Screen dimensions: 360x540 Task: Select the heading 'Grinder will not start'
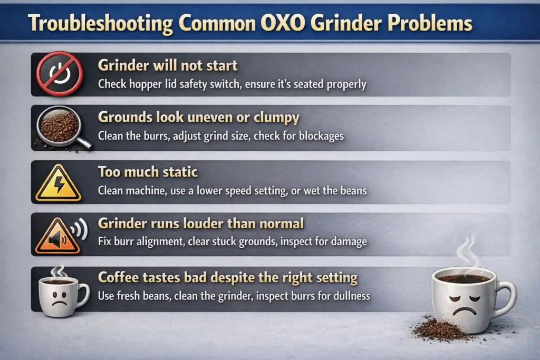click(x=168, y=66)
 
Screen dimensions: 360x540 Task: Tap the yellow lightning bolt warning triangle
click(x=58, y=183)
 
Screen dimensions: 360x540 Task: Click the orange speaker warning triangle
click(x=57, y=236)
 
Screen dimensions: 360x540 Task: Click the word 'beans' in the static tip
click(x=351, y=190)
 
